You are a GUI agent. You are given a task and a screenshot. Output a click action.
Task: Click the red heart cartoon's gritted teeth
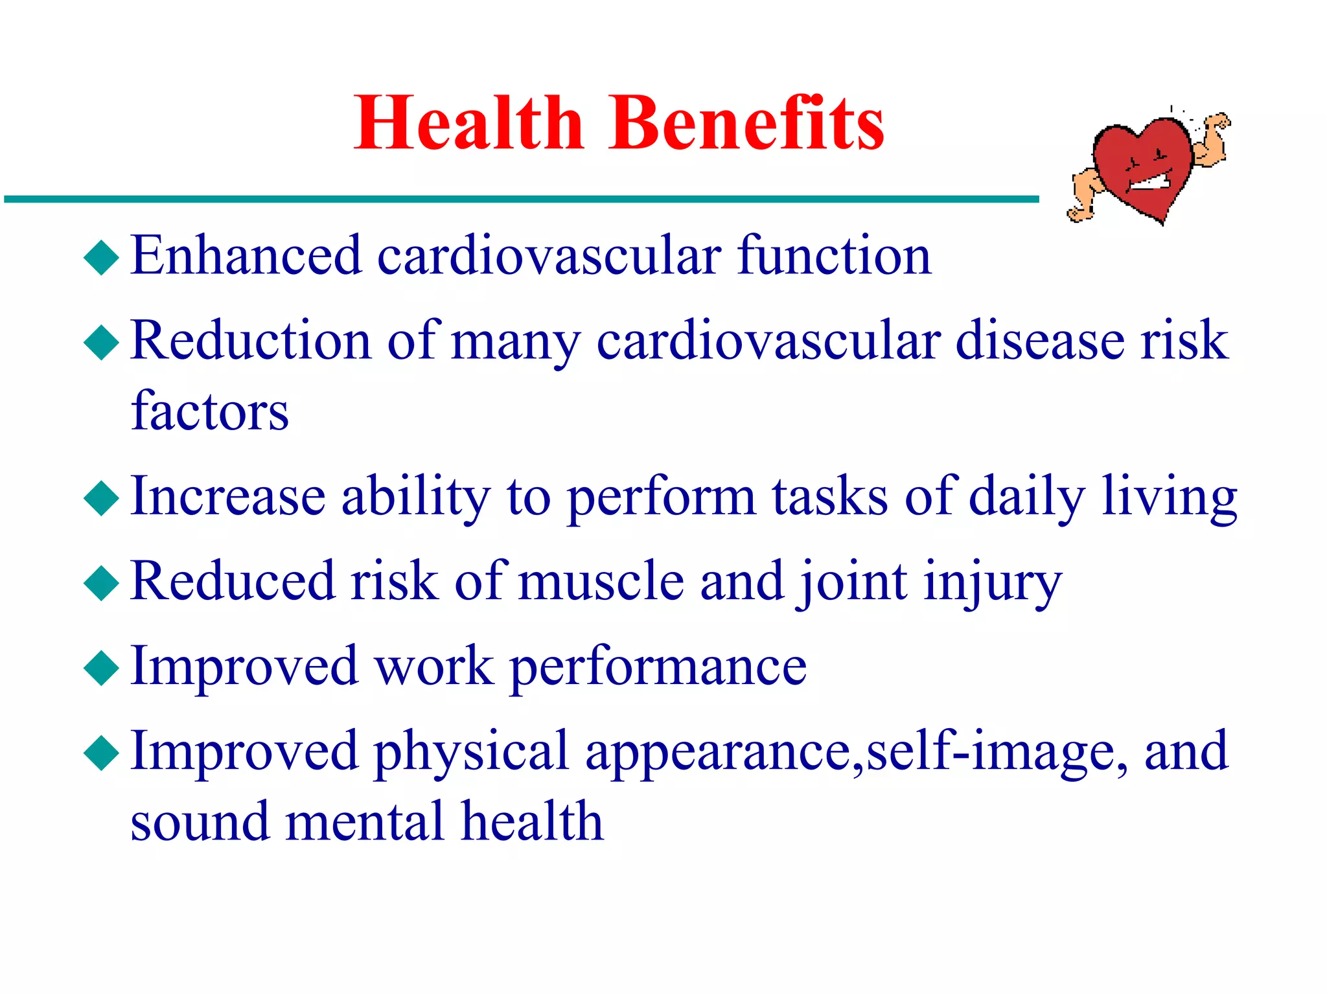(1149, 181)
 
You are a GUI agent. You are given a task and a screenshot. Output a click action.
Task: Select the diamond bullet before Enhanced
(102, 257)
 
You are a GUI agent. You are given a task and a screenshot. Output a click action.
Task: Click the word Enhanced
(246, 256)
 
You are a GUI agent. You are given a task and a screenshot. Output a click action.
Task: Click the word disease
(1039, 341)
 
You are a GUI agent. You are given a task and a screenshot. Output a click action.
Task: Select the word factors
(209, 412)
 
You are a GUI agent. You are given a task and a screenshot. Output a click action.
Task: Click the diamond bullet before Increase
(102, 497)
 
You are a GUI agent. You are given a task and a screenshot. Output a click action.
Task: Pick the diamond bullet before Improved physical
(102, 752)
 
